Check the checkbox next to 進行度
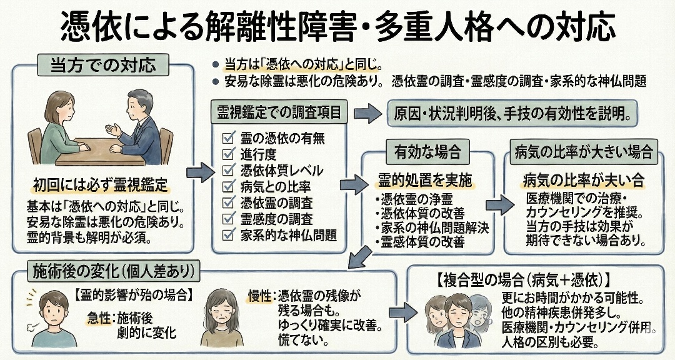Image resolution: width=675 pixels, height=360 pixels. (228, 154)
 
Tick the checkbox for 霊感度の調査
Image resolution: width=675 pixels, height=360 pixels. (228, 219)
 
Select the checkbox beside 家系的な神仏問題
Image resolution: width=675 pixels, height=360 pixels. (228, 235)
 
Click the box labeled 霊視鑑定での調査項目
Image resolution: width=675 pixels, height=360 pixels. (279, 113)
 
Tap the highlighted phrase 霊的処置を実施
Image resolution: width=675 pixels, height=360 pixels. (424, 181)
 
